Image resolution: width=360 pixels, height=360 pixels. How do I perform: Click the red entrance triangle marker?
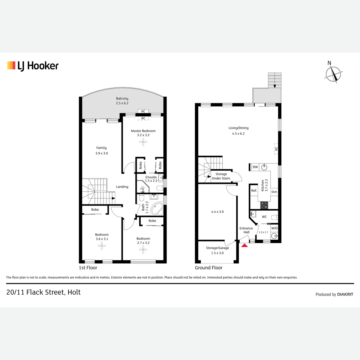coord(244,245)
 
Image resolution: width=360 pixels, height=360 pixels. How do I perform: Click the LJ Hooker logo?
coord(33,66)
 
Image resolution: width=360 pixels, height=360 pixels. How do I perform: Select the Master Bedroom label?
coord(143,131)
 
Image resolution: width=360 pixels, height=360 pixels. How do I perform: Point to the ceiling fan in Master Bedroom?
coord(143,142)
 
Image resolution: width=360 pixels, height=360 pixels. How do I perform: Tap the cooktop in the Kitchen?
coord(264,205)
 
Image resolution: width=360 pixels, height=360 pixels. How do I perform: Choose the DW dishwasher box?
coord(255,167)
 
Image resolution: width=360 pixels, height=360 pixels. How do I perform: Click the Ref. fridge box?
coord(254,190)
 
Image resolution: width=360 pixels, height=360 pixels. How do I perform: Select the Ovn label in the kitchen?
coord(274,192)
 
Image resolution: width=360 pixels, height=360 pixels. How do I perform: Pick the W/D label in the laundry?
coord(274,228)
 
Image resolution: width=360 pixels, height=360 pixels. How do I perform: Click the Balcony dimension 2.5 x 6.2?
coord(122,103)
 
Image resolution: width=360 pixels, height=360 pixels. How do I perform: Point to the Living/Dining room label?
coord(238,128)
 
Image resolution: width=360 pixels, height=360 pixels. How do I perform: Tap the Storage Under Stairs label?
coord(221,176)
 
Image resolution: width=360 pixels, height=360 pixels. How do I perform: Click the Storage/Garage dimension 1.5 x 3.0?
coord(217,253)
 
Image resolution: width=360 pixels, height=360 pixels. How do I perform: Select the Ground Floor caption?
coord(208,268)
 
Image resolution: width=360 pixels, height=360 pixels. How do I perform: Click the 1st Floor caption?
coord(88,268)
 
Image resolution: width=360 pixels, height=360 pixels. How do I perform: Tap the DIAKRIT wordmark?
coord(345,294)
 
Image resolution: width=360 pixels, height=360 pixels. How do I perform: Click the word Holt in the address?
coord(74,292)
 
